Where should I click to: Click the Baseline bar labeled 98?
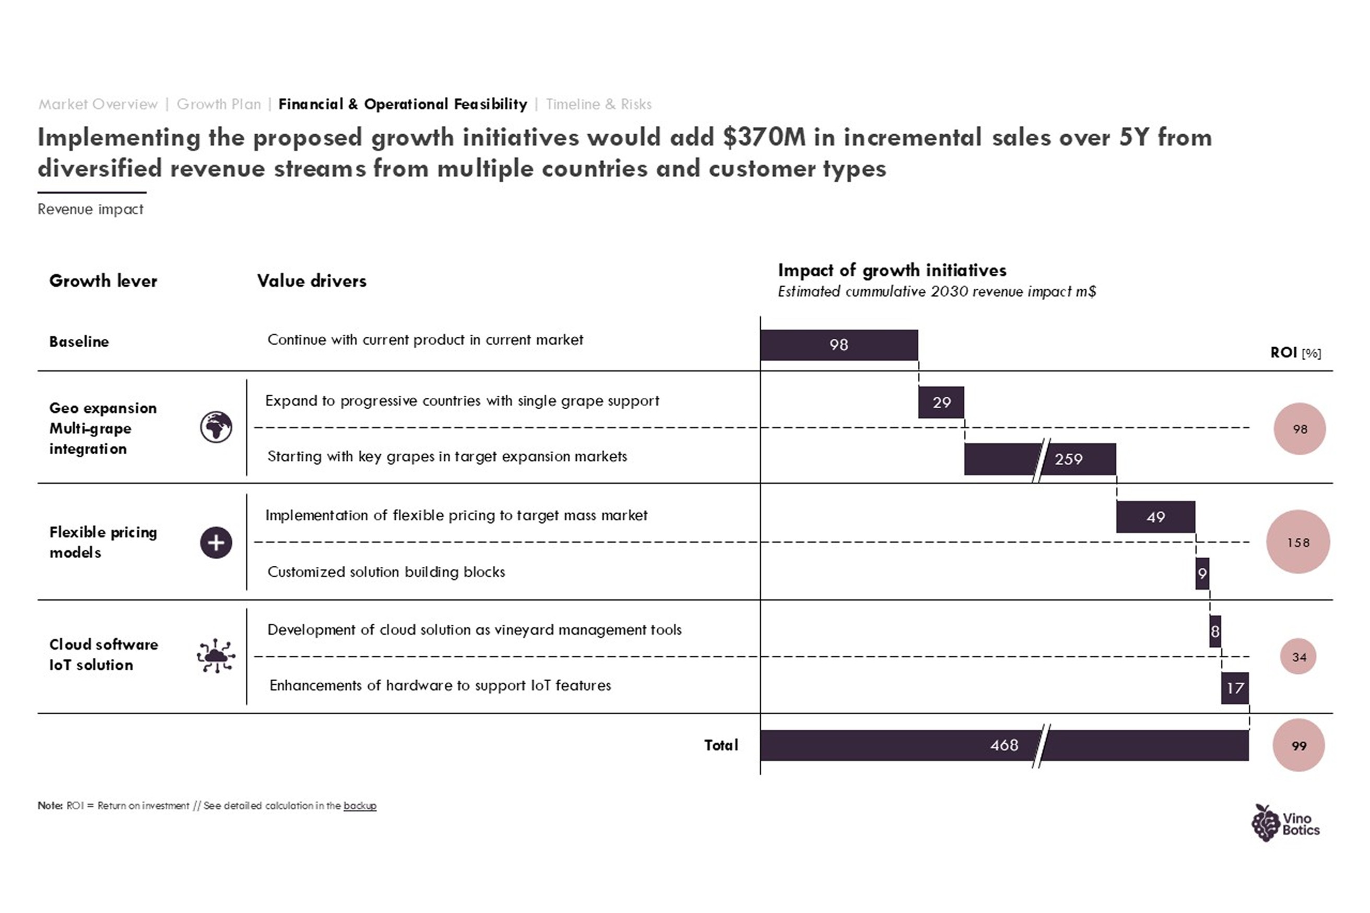point(839,345)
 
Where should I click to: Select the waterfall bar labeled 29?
point(941,402)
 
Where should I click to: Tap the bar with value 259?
point(1040,459)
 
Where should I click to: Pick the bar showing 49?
point(1156,516)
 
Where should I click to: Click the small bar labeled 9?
point(1202,574)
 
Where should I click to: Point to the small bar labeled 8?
point(1215,631)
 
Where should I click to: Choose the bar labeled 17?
point(1235,687)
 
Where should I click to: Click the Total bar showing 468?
point(1005,745)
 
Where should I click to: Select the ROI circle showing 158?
point(1298,542)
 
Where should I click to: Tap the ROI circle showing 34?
point(1298,657)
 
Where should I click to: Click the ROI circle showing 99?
point(1298,745)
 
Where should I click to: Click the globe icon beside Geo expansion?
point(216,428)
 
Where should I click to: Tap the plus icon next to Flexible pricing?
point(216,543)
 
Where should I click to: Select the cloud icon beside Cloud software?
point(216,656)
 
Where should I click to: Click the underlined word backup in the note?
point(360,806)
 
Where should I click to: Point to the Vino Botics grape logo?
point(1285,823)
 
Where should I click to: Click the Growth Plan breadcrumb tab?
point(219,104)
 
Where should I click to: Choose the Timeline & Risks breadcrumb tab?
point(598,104)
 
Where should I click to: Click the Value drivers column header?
point(312,281)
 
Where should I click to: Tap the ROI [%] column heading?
point(1295,352)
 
